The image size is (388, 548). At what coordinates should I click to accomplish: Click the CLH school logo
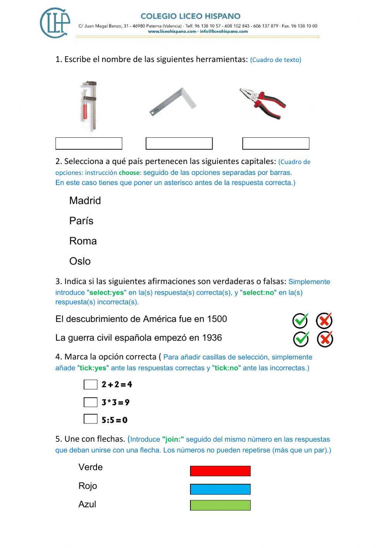point(55,22)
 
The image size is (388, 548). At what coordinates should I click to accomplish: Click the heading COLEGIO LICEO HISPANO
point(190,16)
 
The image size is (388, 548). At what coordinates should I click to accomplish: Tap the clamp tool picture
point(89,105)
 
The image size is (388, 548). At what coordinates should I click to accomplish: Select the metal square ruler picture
point(173,102)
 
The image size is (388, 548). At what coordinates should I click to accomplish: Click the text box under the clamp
point(89,143)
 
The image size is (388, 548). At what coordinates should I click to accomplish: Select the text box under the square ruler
point(179,143)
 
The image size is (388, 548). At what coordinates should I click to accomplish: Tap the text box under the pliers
point(275,143)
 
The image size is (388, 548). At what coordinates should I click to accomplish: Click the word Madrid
point(85,201)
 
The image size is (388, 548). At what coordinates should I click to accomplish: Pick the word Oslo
point(80,261)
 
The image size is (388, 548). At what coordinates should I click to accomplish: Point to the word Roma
point(83,241)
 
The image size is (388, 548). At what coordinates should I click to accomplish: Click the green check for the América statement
point(300,320)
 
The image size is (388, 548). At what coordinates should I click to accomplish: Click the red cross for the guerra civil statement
point(325,339)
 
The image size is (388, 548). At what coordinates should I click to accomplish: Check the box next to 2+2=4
point(90,384)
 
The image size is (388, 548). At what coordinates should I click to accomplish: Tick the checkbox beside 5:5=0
point(90,419)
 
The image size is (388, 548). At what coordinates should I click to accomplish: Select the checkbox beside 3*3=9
point(90,402)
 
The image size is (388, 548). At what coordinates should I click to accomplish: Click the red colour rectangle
point(220,471)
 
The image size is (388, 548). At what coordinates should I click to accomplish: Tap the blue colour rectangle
point(220,489)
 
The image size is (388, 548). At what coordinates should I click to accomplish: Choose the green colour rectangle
point(220,505)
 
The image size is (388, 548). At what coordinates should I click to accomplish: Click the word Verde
point(90,467)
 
